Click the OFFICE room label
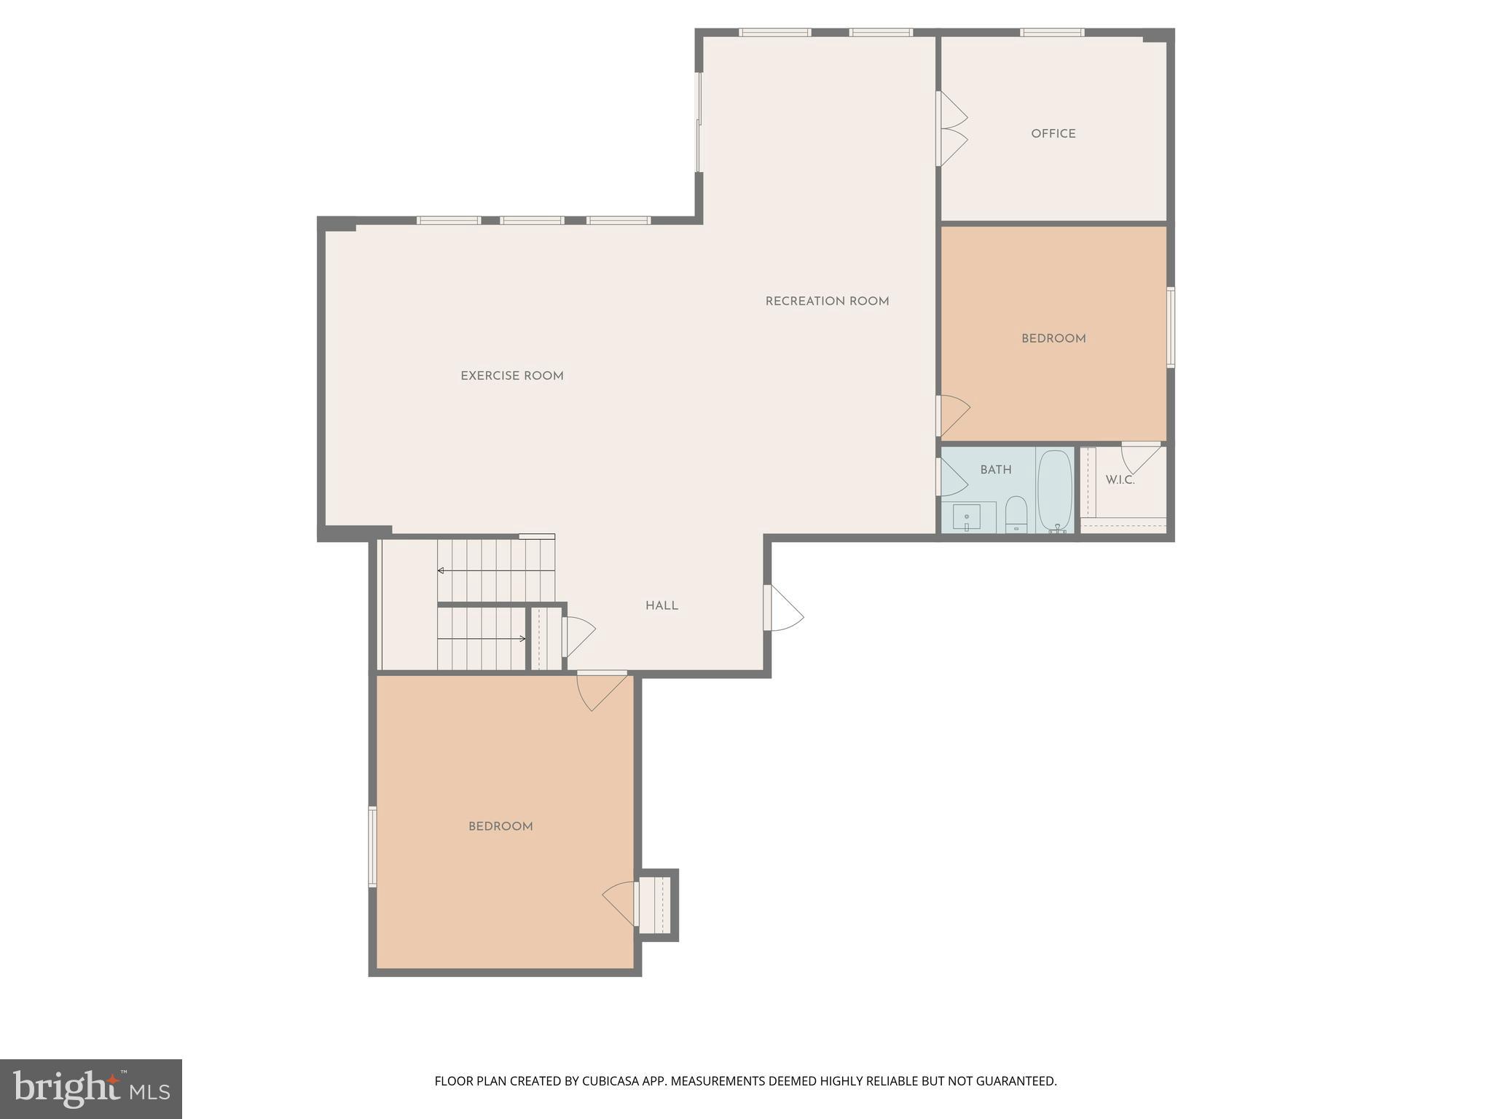tap(1053, 134)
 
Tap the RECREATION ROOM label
tap(827, 302)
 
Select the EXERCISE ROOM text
tap(511, 377)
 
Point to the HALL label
tap(661, 606)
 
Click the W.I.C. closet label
tap(1120, 480)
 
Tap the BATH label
tap(995, 470)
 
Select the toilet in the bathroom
tap(1016, 513)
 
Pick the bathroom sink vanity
tap(967, 517)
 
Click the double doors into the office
tap(951, 129)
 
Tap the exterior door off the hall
tap(783, 609)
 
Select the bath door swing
tap(952, 477)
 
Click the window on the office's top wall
tap(1051, 33)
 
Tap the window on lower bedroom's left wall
tap(372, 846)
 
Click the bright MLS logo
tap(91, 1088)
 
